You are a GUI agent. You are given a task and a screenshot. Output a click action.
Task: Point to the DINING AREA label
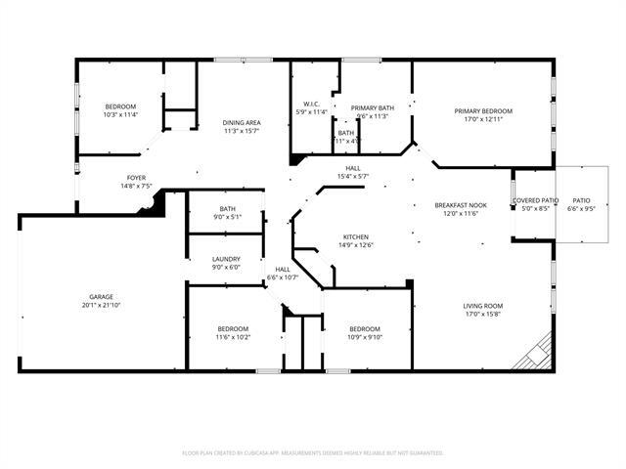pyautogui.click(x=241, y=122)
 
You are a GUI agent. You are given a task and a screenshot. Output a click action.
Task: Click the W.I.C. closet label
pyautogui.click(x=312, y=105)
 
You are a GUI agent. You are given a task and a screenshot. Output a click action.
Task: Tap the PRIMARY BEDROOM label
pyautogui.click(x=483, y=110)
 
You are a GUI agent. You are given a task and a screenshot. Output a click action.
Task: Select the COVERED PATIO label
pyautogui.click(x=535, y=200)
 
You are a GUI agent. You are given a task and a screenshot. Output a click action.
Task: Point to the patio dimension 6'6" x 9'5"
pyautogui.click(x=581, y=209)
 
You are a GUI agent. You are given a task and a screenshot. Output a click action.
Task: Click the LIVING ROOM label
pyautogui.click(x=482, y=306)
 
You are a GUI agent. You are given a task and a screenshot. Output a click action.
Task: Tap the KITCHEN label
pyautogui.click(x=354, y=236)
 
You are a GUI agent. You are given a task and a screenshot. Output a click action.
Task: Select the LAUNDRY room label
pyautogui.click(x=226, y=259)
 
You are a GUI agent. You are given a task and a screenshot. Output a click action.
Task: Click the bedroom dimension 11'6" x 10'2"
pyautogui.click(x=233, y=337)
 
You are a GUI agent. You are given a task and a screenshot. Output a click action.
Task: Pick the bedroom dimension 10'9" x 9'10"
pyautogui.click(x=364, y=337)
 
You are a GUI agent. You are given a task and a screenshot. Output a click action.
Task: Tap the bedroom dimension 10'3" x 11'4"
pyautogui.click(x=121, y=114)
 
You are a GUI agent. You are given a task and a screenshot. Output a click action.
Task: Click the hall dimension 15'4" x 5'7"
pyautogui.click(x=352, y=176)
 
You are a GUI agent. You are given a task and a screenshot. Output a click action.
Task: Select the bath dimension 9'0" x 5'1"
pyautogui.click(x=227, y=217)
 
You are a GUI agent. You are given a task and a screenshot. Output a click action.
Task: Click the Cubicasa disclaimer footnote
pyautogui.click(x=313, y=452)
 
